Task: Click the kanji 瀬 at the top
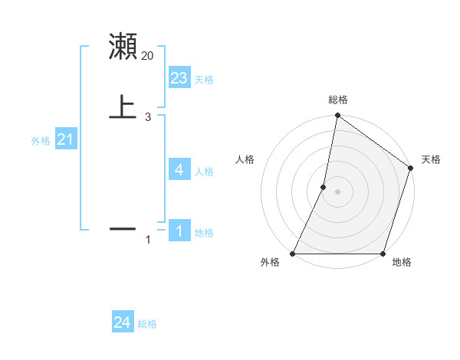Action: pyautogui.click(x=123, y=47)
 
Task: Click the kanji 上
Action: pyautogui.click(x=123, y=106)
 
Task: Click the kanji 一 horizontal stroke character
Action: pyautogui.click(x=123, y=228)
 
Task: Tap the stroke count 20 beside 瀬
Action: pyautogui.click(x=148, y=55)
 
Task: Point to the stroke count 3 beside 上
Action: pyautogui.click(x=148, y=116)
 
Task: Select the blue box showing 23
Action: pyautogui.click(x=179, y=78)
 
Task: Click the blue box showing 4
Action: pyautogui.click(x=179, y=170)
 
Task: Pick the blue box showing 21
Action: pyautogui.click(x=66, y=139)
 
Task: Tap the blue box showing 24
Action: pyautogui.click(x=123, y=322)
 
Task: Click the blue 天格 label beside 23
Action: pyautogui.click(x=204, y=80)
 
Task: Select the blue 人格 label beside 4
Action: pyautogui.click(x=204, y=172)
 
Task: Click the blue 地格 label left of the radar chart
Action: pyautogui.click(x=204, y=233)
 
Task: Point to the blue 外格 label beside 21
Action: pyautogui.click(x=41, y=141)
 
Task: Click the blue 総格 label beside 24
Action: pyautogui.click(x=147, y=324)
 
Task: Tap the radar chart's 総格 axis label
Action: pyautogui.click(x=337, y=100)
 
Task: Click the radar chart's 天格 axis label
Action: pyautogui.click(x=431, y=159)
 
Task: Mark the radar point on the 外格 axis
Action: pyautogui.click(x=293, y=254)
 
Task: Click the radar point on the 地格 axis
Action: pyautogui.click(x=383, y=254)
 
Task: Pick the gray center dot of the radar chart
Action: pyautogui.click(x=337, y=191)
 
